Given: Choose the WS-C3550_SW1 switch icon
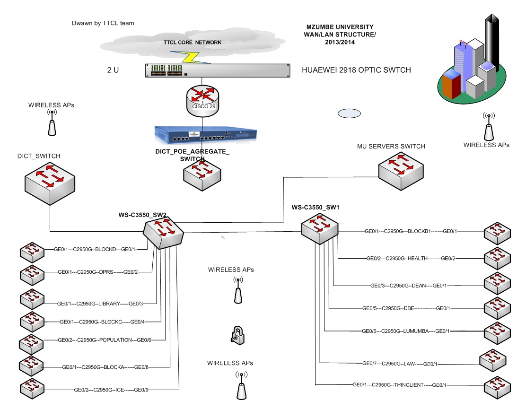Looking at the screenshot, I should pyautogui.click(x=323, y=229).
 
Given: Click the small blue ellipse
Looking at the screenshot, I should pyautogui.click(x=349, y=113).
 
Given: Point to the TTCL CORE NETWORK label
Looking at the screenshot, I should pyautogui.click(x=192, y=43).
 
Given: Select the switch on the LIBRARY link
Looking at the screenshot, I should pyautogui.click(x=32, y=299).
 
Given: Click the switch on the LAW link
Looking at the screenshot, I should pyautogui.click(x=493, y=360).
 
